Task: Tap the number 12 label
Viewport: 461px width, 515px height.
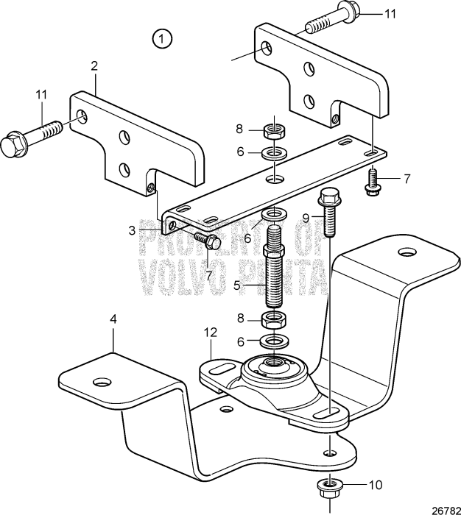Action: (x=211, y=333)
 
